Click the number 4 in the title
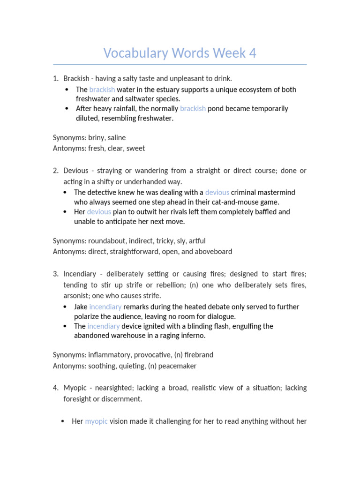(252, 53)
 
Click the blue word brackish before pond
(193, 108)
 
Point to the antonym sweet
(136, 148)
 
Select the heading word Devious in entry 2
(75, 171)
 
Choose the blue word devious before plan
(99, 212)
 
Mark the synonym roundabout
(107, 241)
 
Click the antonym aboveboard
(214, 251)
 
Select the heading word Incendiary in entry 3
(80, 274)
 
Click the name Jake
(81, 307)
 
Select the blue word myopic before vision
(96, 421)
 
